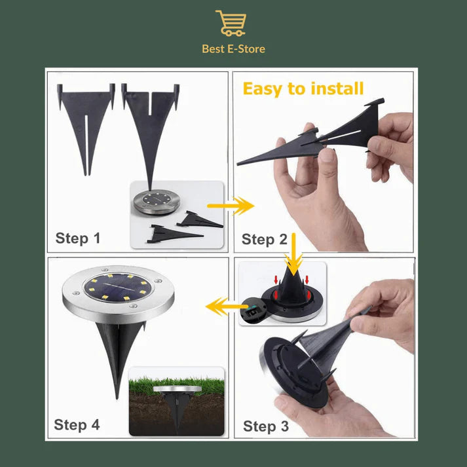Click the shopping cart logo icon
pos(231,23)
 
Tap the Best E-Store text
pos(233,49)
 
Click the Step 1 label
pos(78,238)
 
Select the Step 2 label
pos(264,240)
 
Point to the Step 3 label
pos(266,426)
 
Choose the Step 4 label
pos(77,424)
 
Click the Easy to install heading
pos(303,89)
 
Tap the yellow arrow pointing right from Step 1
pos(231,206)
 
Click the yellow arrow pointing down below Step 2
pos(293,254)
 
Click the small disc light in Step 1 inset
pos(157,202)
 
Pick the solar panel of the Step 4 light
pos(118,287)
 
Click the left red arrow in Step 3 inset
pos(276,280)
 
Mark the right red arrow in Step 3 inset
pos(307,280)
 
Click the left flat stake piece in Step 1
pos(86,119)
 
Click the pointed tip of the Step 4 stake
pos(117,398)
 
